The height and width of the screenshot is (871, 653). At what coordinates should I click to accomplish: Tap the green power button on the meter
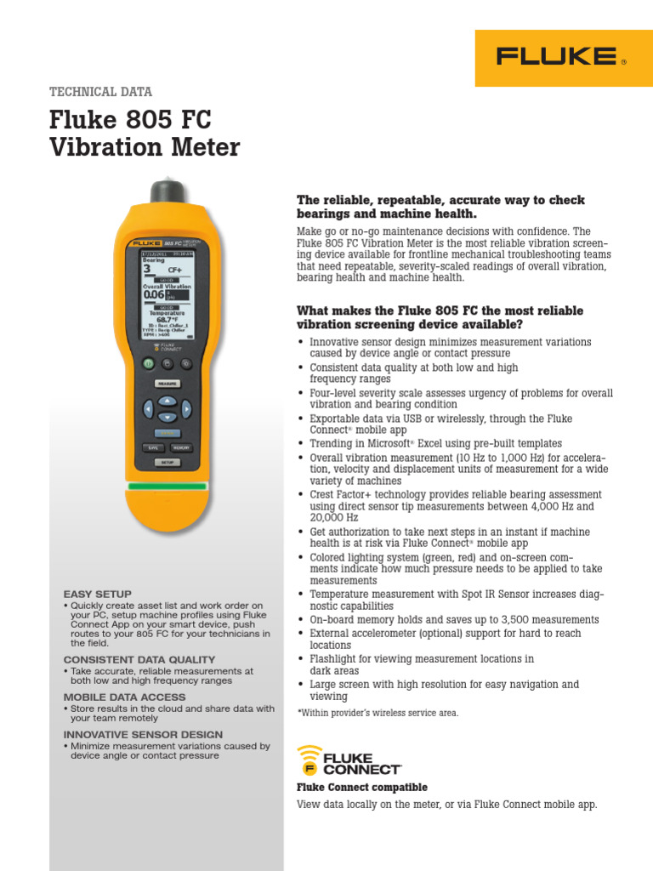(x=147, y=363)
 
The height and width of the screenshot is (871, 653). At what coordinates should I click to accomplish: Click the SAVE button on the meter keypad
(x=153, y=447)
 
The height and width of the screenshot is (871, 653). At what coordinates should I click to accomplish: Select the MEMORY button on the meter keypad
(x=181, y=447)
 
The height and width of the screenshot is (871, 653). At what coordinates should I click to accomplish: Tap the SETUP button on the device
(x=168, y=462)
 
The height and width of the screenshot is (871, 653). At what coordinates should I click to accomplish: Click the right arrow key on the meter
(x=186, y=409)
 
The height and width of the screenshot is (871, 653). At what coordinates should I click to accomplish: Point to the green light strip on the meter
(x=168, y=487)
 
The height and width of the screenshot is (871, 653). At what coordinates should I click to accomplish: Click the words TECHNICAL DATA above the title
(x=101, y=92)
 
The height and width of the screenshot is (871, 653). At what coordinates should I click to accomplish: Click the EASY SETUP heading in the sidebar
(x=98, y=594)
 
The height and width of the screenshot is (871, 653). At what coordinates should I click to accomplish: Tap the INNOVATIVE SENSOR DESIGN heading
(x=143, y=734)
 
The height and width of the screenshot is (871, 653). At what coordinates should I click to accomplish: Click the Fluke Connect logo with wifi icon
(x=348, y=760)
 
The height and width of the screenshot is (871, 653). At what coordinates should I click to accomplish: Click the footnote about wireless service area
(x=377, y=713)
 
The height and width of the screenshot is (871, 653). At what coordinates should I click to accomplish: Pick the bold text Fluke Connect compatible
(x=361, y=788)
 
